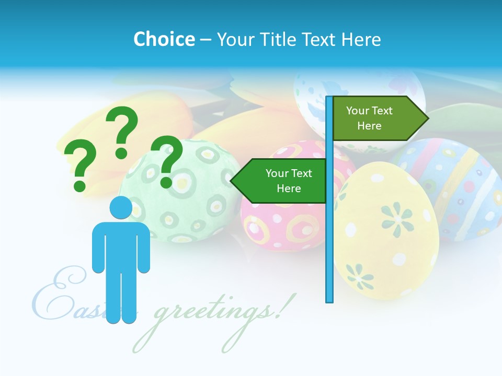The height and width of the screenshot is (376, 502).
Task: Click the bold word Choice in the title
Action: pos(164,39)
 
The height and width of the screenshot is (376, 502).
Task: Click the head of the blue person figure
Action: pos(121,207)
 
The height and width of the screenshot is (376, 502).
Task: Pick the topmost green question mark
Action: pos(122,131)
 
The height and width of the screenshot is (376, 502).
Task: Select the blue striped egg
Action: pos(455,188)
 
